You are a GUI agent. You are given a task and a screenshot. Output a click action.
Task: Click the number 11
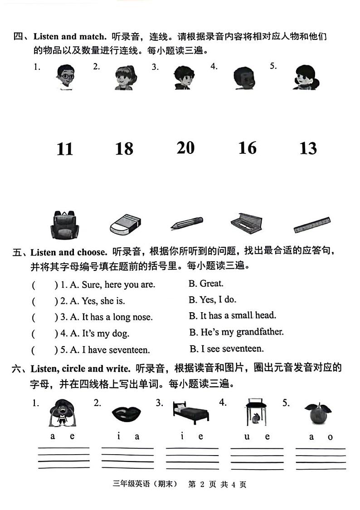[x=65, y=149]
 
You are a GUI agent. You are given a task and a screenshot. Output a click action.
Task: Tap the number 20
[x=185, y=147]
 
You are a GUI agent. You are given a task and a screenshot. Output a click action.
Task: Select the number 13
[x=308, y=148]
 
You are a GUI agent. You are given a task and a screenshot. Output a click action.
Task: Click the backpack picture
[x=65, y=224]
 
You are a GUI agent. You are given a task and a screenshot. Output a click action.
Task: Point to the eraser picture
[x=126, y=224]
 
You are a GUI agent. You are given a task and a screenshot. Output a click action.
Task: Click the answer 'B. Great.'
[x=206, y=284]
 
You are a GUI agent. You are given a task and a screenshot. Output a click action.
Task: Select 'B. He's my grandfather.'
[x=236, y=332]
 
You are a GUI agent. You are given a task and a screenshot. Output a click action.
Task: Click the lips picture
[x=126, y=414]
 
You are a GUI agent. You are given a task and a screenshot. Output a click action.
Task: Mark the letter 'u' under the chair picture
[x=247, y=436]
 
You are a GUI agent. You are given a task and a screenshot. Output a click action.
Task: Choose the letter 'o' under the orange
[x=330, y=437]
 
